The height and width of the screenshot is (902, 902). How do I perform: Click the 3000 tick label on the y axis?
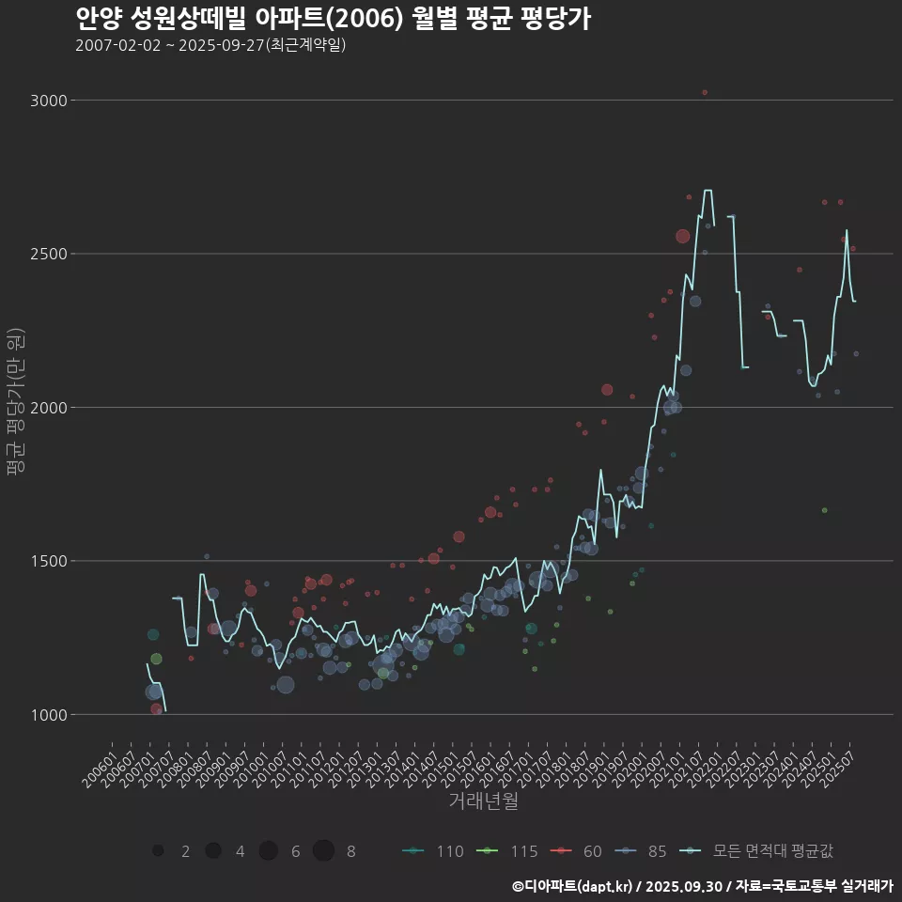pos(49,100)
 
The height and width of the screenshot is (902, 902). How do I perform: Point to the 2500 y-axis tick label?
pos(49,254)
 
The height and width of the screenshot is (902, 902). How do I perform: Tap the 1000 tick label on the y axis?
pos(49,714)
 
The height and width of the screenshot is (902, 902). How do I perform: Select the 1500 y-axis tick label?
pos(49,561)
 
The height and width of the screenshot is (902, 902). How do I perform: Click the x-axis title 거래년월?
pos(483,801)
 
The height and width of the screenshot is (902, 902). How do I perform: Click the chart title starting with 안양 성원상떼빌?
pos(333,18)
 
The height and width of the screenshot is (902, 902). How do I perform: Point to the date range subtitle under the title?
pos(210,45)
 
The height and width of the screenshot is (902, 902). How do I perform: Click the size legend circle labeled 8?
pos(324,851)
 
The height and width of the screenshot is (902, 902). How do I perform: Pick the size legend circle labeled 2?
pos(159,851)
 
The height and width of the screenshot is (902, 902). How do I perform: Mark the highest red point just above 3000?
pos(705,92)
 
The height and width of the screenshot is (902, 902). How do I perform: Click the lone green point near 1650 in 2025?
pos(824,510)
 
